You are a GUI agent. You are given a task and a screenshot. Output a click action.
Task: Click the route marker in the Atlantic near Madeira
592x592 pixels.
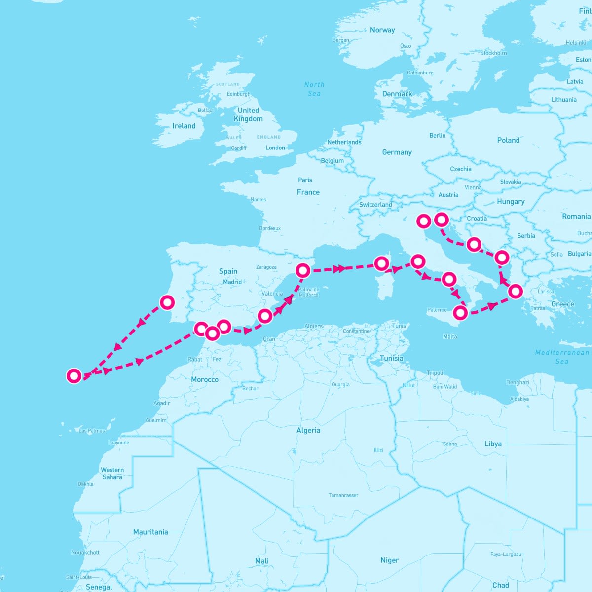coord(74,376)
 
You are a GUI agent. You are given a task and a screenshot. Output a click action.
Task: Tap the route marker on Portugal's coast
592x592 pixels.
coord(167,302)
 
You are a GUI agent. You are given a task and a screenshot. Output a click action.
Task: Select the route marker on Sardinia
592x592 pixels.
coord(381,263)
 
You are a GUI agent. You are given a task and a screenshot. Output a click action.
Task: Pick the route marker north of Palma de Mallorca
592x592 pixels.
coord(303,270)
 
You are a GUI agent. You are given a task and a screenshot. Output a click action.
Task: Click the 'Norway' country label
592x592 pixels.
coord(382,30)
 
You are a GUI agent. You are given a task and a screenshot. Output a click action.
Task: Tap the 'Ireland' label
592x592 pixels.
coord(184,126)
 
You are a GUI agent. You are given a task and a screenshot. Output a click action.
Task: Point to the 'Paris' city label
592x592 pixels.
coord(305,180)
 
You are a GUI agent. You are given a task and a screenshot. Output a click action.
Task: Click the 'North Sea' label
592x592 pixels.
coord(314,89)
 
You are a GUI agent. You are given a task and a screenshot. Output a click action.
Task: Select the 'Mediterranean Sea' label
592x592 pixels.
coord(562,357)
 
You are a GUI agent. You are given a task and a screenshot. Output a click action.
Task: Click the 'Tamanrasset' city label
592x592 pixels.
coord(343,495)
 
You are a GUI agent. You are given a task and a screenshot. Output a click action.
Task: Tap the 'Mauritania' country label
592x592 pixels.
coord(150,532)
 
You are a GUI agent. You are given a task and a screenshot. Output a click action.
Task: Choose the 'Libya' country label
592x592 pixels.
coord(493,444)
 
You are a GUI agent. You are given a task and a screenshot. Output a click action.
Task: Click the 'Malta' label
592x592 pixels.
coord(450,337)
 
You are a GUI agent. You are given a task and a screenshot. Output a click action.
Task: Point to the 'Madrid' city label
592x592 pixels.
coord(232,282)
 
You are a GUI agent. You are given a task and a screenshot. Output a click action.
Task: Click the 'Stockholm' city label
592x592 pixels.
coord(493,53)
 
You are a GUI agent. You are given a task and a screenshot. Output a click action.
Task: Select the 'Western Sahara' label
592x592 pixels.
coord(112,473)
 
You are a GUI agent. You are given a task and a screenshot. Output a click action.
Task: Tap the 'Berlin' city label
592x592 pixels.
coord(438,136)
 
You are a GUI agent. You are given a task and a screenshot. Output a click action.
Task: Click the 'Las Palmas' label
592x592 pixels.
coord(92,431)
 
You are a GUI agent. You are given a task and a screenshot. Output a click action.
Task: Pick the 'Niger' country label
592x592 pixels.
coord(389,560)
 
